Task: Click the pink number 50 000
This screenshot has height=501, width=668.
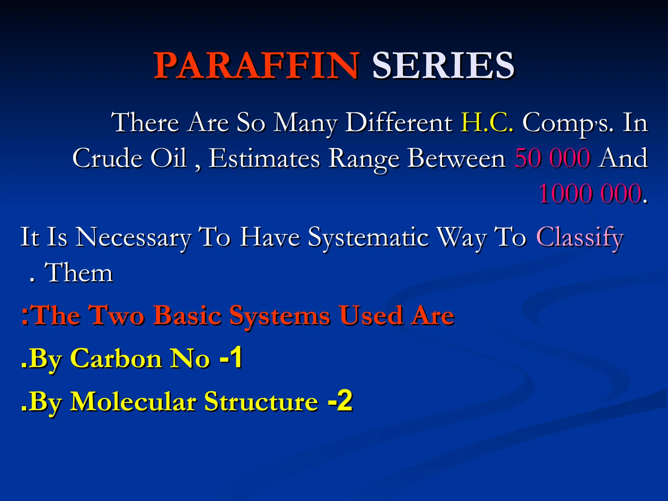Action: pos(553,158)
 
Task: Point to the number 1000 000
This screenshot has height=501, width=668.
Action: pos(590,194)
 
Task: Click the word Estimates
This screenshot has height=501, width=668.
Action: pos(264,158)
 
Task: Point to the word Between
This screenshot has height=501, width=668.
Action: pos(457,158)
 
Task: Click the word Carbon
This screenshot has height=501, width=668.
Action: pos(116,358)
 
